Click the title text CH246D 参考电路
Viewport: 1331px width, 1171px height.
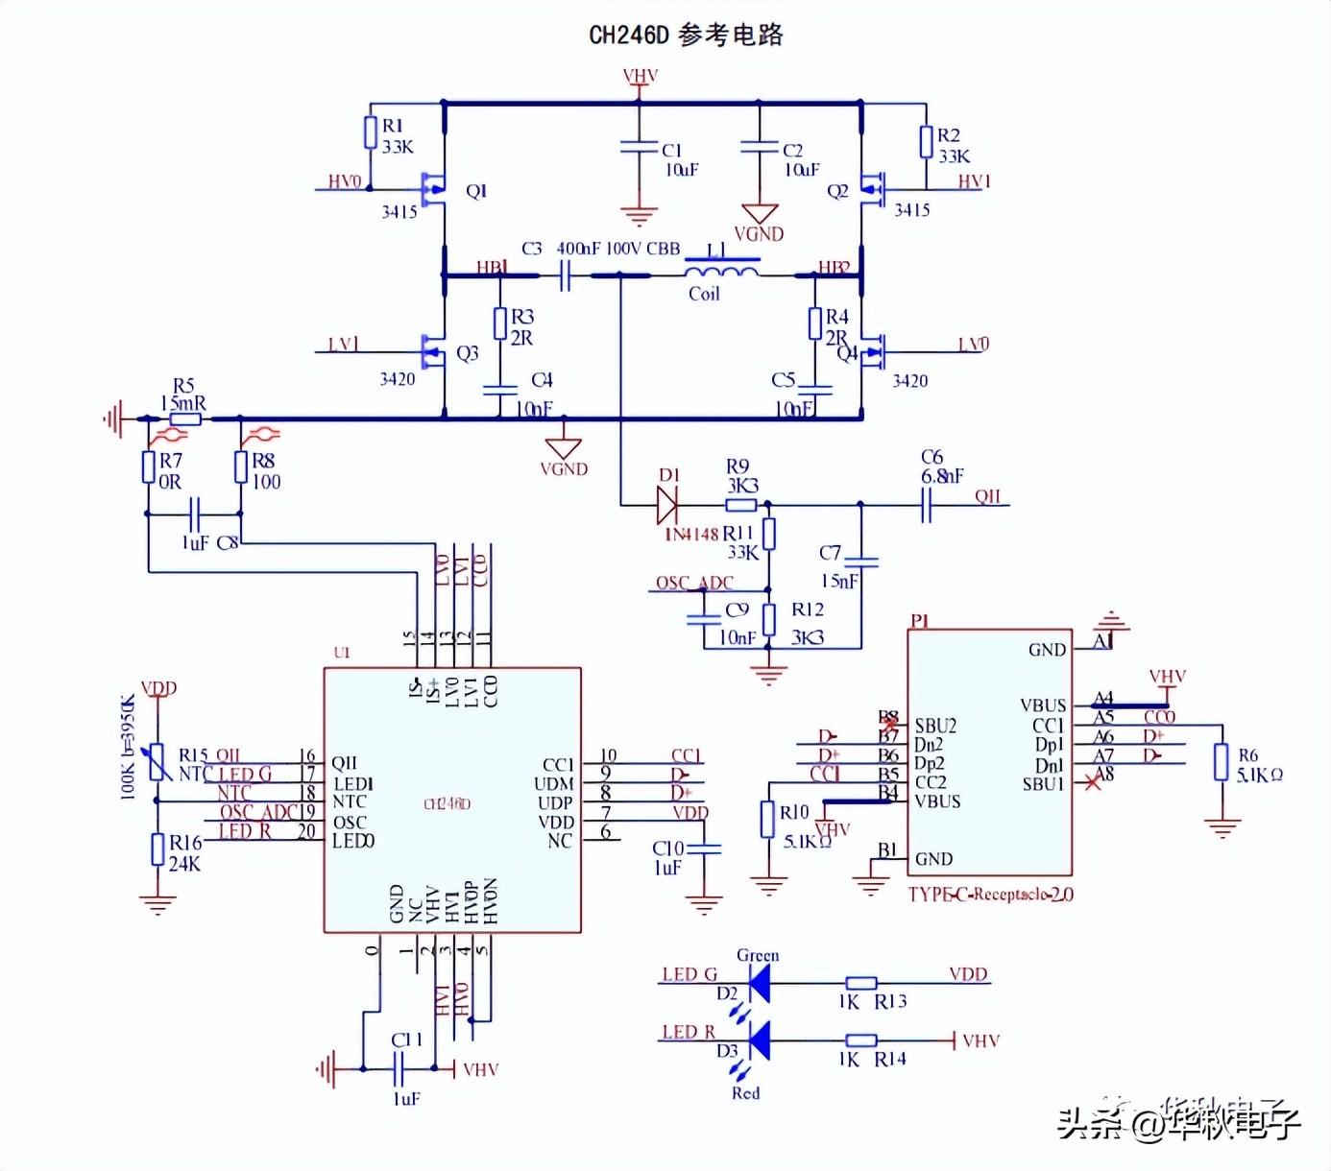pyautogui.click(x=686, y=36)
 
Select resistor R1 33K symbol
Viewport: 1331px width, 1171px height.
pyautogui.click(x=371, y=132)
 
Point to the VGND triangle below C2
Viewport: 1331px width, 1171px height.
pyautogui.click(x=759, y=214)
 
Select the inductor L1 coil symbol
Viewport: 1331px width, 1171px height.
pyautogui.click(x=720, y=271)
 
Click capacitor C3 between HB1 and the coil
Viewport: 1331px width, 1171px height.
pyautogui.click(x=566, y=276)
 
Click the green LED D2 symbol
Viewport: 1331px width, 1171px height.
pyautogui.click(x=759, y=983)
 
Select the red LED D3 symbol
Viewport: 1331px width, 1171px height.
pyautogui.click(x=759, y=1040)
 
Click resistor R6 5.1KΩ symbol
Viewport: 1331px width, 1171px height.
pyautogui.click(x=1221, y=762)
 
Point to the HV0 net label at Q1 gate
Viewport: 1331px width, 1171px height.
pyautogui.click(x=344, y=181)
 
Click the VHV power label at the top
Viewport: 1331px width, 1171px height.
pyautogui.click(x=640, y=77)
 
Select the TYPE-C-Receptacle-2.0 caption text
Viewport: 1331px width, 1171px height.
pyautogui.click(x=990, y=894)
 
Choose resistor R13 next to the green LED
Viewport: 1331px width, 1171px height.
pyautogui.click(x=860, y=983)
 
